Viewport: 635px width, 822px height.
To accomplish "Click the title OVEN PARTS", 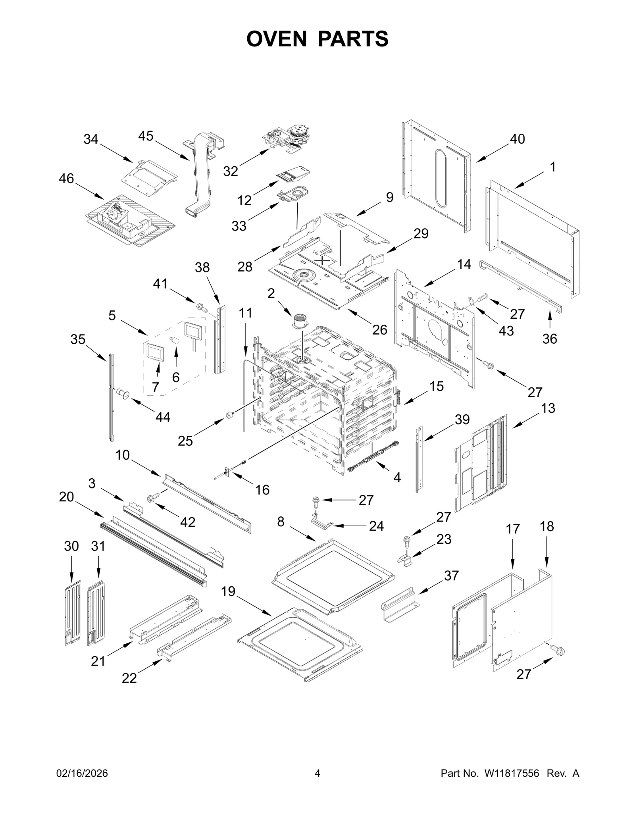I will pos(317,39).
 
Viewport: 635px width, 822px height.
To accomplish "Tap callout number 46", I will pos(66,179).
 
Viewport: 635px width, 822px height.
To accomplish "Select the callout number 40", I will pos(517,139).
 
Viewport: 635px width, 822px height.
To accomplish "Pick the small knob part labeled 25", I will pos(229,415).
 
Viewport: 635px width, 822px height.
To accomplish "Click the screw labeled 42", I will pos(153,497).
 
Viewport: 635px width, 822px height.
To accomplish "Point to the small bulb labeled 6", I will pos(175,341).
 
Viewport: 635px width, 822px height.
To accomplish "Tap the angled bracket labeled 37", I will pos(400,606).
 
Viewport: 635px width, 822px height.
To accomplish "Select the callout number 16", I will pos(262,490).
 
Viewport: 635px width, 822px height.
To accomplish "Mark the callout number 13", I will pos(548,408).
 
